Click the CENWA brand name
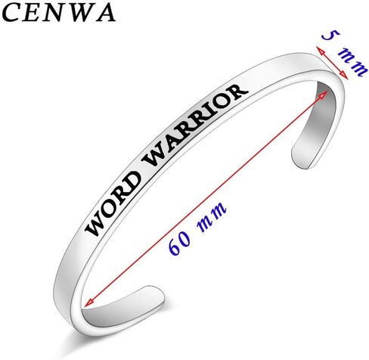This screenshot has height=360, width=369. [59, 13]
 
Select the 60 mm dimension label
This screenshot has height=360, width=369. [197, 228]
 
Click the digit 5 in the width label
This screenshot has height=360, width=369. [330, 36]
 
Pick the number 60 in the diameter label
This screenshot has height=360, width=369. [180, 243]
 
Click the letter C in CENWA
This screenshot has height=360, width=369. [11, 13]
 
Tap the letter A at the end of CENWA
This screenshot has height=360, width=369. [105, 13]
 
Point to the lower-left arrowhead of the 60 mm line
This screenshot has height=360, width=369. [88, 303]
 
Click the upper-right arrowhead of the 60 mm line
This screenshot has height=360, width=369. [324, 95]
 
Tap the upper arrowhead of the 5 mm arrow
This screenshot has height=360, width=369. [320, 50]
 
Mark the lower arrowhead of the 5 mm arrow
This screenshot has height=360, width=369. [344, 75]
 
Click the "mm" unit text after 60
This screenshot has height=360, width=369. [212, 216]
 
